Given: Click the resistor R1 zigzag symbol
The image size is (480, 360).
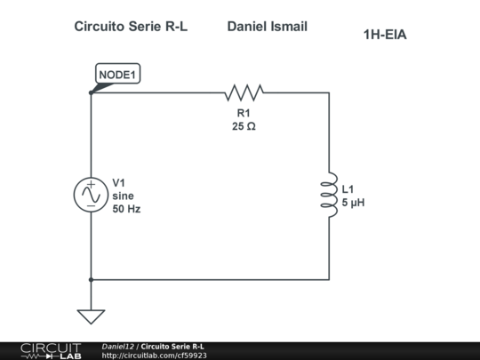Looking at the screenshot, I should [x=244, y=92].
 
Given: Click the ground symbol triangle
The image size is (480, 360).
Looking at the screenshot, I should [x=91, y=316].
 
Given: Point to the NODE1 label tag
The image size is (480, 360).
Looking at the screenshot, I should [x=118, y=74].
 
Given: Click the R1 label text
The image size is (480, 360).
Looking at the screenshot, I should [x=244, y=113].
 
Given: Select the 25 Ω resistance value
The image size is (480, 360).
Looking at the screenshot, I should [x=244, y=126].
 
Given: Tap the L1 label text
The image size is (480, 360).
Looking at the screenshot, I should [x=348, y=189].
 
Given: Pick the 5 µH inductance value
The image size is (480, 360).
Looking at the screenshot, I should [x=354, y=203].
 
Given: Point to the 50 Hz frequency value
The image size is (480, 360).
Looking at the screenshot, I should [x=126, y=210].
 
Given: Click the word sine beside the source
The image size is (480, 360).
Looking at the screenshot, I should [x=122, y=196].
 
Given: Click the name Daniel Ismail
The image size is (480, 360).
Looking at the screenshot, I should [x=267, y=27].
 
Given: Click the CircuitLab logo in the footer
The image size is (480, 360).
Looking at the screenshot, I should [x=50, y=350].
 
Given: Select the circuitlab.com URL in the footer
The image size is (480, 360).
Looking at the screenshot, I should [x=154, y=355].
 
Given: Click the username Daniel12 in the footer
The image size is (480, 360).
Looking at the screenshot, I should [x=117, y=346].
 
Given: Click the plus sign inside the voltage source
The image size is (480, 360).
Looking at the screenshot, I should [x=91, y=185].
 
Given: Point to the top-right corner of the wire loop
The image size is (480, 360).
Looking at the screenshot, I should [x=329, y=92].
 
